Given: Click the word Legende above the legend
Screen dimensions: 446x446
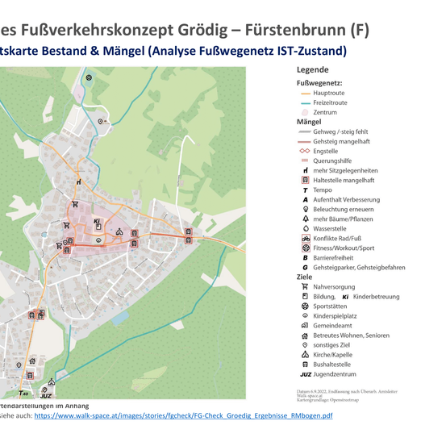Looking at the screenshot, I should point(312,70).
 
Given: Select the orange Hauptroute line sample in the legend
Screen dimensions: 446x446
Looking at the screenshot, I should point(304,94).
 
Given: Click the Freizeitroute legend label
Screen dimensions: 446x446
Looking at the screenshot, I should point(330,103).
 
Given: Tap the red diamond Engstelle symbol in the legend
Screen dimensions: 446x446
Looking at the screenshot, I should point(304,151).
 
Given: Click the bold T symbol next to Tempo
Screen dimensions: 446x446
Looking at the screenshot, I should point(305,190).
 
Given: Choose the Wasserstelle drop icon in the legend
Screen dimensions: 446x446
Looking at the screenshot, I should point(305,228).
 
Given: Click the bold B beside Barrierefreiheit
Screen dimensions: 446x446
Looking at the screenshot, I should point(305,257).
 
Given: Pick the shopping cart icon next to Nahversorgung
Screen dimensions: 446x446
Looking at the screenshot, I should point(305,286).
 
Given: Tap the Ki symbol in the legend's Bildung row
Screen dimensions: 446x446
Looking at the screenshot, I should point(346,296).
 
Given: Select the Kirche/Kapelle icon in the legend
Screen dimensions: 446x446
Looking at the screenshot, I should point(305,354).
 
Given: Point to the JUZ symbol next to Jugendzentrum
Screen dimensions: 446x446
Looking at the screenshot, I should point(305,374).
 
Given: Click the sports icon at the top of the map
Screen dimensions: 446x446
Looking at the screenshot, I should point(89,78).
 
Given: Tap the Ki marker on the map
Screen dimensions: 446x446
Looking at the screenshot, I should point(97,222).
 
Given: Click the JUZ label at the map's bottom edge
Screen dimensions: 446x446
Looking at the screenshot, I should point(45,396).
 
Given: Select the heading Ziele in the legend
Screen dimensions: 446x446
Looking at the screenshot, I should point(305,276).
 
